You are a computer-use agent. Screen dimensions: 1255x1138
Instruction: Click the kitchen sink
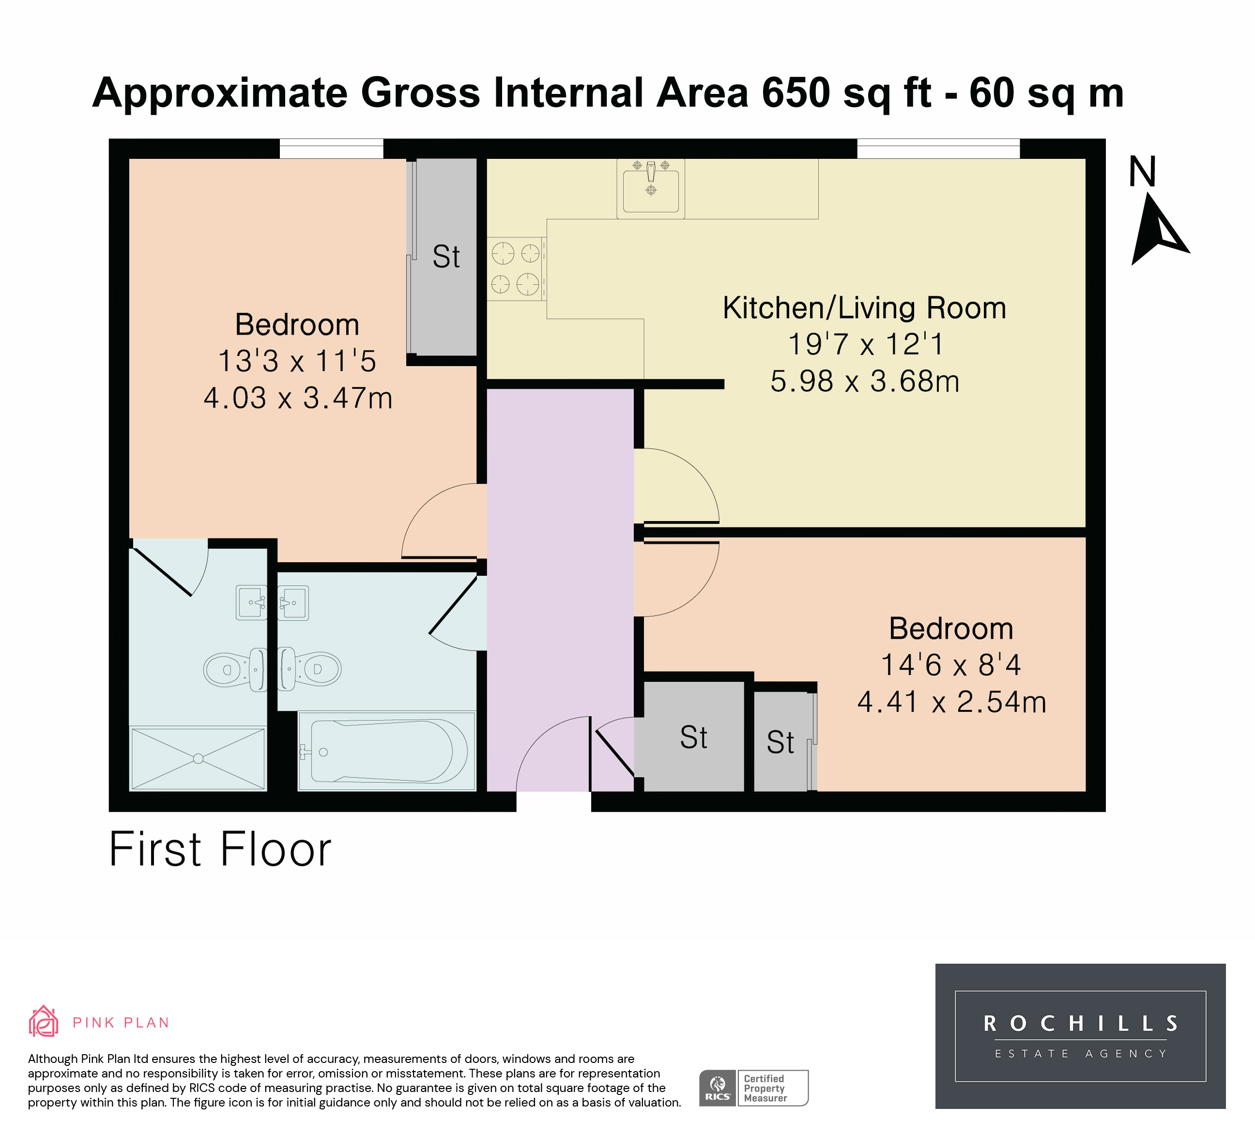(x=651, y=188)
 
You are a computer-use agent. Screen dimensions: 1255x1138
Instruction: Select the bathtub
(x=386, y=751)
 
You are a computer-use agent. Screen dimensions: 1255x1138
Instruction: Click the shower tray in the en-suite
(x=198, y=758)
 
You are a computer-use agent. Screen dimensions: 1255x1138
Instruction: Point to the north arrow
(x=1157, y=228)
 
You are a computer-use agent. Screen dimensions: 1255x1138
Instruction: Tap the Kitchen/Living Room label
(x=864, y=308)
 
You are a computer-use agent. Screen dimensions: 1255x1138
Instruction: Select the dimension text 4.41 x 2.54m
(x=951, y=702)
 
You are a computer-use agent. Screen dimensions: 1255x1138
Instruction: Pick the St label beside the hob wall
(x=446, y=257)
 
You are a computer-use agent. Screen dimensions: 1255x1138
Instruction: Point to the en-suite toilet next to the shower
(x=235, y=669)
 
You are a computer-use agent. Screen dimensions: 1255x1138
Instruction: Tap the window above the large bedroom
(x=331, y=149)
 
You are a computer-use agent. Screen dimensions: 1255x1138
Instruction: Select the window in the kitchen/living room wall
(x=938, y=149)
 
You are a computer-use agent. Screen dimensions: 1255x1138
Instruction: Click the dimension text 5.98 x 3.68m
(x=865, y=382)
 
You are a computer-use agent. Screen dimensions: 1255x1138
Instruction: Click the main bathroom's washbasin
(x=292, y=602)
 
